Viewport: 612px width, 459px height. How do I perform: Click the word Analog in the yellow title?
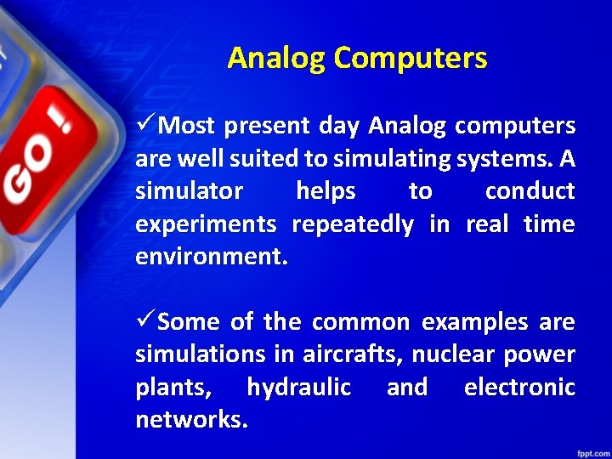tap(277, 59)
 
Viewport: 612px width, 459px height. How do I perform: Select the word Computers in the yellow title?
tap(411, 59)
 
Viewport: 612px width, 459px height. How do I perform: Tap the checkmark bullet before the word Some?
tap(145, 322)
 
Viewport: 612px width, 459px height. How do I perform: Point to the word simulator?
tap(189, 192)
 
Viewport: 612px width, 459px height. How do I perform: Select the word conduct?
tap(530, 192)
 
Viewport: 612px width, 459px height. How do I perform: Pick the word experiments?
tap(206, 225)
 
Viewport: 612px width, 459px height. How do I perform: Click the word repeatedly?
tap(353, 225)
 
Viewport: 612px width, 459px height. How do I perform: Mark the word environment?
tap(212, 257)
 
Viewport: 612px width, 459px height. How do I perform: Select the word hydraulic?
tap(298, 388)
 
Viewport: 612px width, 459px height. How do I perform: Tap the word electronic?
tap(519, 388)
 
